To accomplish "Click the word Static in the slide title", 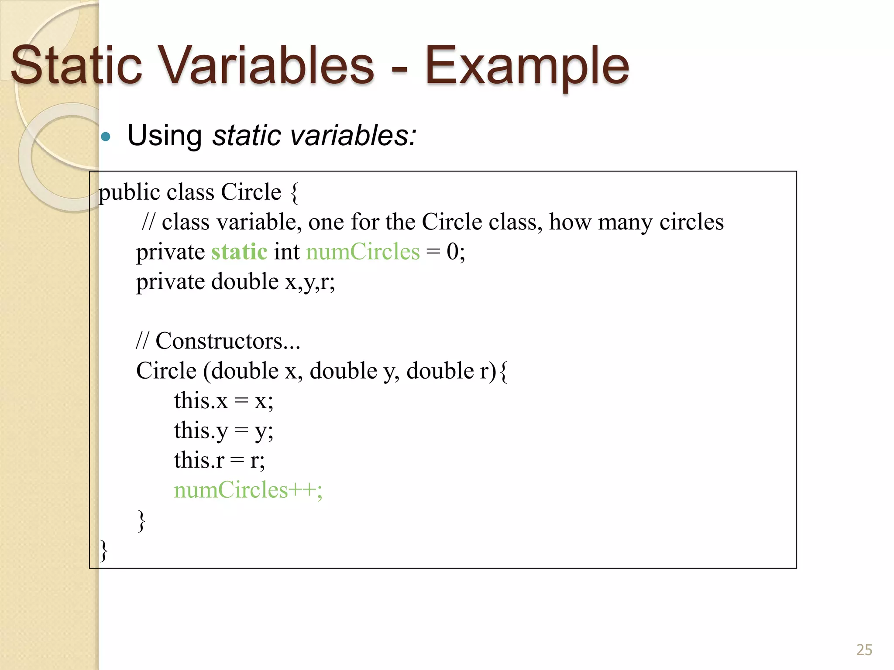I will coord(76,65).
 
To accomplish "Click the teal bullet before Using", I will coord(106,137).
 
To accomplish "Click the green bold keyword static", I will coord(239,252).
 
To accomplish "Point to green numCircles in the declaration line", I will coord(363,252).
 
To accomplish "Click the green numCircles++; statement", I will coord(248,490).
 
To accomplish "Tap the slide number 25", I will coord(864,650).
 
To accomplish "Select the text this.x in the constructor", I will coord(201,400).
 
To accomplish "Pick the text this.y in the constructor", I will coord(201,431).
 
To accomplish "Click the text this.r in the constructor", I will coord(199,460).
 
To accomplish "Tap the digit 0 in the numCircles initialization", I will coord(453,252).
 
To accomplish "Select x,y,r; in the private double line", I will coord(310,282).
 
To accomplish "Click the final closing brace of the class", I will coord(104,550).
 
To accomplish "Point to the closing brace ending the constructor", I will coord(141,520).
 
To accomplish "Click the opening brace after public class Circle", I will coord(294,192).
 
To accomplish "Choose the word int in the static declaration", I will coord(286,252).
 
